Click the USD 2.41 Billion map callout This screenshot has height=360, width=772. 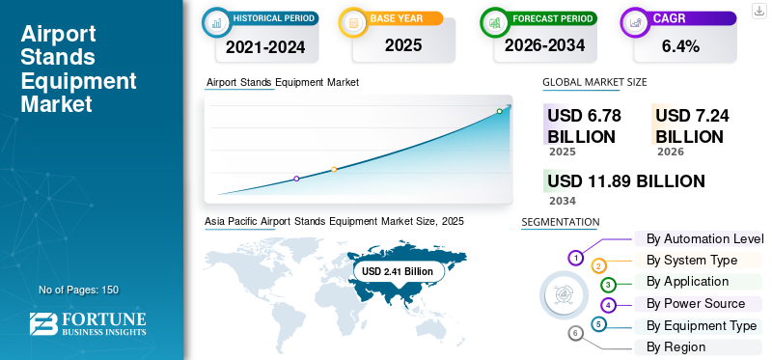click(x=398, y=272)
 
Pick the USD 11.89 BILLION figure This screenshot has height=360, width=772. click(x=625, y=181)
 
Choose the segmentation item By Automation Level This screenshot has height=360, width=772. click(x=704, y=238)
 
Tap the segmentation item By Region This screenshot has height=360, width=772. click(x=675, y=346)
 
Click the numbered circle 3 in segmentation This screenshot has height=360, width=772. click(x=608, y=285)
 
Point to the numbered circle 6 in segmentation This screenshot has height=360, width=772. click(x=576, y=333)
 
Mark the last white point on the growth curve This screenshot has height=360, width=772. click(x=500, y=111)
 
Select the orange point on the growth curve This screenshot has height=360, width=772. click(x=334, y=169)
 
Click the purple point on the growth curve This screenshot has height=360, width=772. click(x=296, y=179)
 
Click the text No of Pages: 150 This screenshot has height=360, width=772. click(x=78, y=290)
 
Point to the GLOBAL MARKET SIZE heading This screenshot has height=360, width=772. click(x=594, y=83)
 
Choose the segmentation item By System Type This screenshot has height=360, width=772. click(x=692, y=260)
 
